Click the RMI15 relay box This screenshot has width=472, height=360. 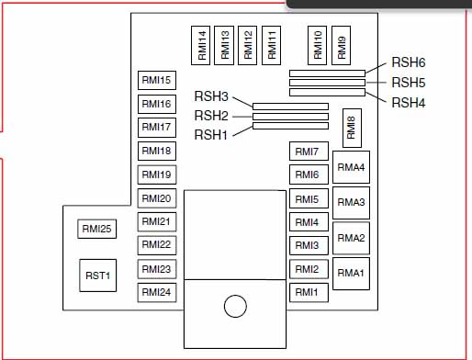(x=156, y=80)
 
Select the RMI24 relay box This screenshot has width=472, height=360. (x=156, y=292)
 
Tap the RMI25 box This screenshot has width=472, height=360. (x=97, y=230)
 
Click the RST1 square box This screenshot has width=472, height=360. (x=97, y=275)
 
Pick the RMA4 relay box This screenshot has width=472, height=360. (x=351, y=167)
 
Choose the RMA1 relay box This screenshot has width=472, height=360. (x=351, y=273)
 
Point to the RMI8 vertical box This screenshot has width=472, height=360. (x=351, y=127)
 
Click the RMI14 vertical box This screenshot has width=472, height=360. (x=202, y=45)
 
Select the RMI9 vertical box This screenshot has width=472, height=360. (x=342, y=45)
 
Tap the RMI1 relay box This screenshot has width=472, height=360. (x=307, y=292)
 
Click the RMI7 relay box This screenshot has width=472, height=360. (x=307, y=151)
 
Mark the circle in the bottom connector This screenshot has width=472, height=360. (x=236, y=306)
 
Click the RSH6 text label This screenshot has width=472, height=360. (x=409, y=62)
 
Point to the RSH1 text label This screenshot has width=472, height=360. (x=211, y=134)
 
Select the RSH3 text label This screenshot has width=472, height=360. (x=211, y=96)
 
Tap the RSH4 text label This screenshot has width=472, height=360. (x=409, y=102)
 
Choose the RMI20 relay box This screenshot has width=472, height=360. (x=156, y=198)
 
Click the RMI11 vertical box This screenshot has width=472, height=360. (x=272, y=45)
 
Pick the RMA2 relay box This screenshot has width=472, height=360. (x=351, y=238)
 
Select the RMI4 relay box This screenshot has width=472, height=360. (x=307, y=221)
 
